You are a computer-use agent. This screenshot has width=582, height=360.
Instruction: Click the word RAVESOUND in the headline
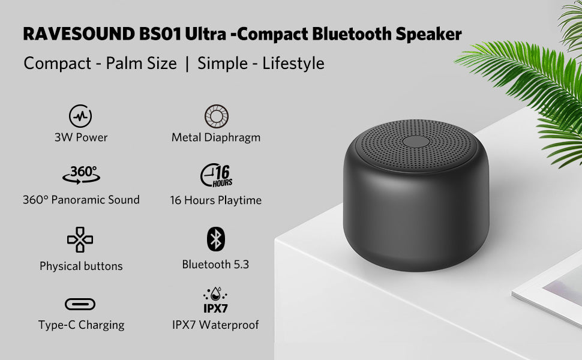click(79, 34)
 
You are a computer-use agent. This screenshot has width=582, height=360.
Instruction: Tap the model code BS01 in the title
click(160, 34)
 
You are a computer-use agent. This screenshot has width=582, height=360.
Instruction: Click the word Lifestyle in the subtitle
click(293, 63)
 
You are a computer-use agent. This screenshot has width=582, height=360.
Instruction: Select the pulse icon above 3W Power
click(80, 116)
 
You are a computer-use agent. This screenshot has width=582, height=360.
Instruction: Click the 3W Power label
click(81, 137)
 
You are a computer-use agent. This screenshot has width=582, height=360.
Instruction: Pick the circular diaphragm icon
click(217, 116)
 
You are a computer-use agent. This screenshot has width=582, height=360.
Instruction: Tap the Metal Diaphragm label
click(216, 137)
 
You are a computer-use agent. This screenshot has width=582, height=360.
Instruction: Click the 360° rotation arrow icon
click(81, 175)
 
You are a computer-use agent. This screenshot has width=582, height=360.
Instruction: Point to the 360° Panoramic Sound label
click(81, 200)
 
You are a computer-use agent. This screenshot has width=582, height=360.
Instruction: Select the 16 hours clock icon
click(217, 175)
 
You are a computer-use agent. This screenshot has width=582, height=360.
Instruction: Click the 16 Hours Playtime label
click(215, 200)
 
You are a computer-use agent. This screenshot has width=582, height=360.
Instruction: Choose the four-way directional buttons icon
click(80, 240)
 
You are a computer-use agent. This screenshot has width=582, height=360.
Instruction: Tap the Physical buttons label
click(81, 266)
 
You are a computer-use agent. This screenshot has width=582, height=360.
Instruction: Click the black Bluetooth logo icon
click(215, 239)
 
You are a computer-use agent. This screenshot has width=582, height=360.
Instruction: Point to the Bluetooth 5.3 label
click(215, 264)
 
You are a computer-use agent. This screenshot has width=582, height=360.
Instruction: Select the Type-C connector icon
click(80, 304)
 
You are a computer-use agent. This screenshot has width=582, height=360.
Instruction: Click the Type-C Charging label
click(81, 325)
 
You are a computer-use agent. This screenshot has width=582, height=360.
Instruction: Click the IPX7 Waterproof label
click(215, 325)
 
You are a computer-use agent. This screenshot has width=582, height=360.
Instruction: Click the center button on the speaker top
click(416, 142)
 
